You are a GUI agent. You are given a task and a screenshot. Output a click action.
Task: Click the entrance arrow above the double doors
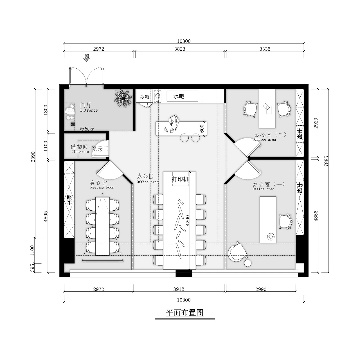pos(87,58)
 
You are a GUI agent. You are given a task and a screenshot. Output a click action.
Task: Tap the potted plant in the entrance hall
pos(123,98)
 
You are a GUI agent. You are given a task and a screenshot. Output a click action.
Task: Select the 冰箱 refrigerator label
pos(145,96)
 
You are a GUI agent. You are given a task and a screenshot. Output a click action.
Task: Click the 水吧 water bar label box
pos(182,96)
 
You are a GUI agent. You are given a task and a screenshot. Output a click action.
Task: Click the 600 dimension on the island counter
pos(202,129)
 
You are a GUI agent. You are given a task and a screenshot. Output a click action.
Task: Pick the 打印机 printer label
pos(180,179)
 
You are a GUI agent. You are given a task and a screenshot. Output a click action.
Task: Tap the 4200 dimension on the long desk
pos(188,220)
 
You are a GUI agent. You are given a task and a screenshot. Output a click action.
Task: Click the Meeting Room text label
pos(102,187)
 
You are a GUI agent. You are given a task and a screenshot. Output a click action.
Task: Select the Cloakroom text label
pos(80,152)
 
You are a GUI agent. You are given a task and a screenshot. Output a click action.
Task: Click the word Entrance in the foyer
pos(89,110)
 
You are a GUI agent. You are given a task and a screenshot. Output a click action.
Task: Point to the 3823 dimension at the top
pos(180,49)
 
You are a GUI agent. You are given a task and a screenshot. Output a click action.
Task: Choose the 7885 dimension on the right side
pos(326,161)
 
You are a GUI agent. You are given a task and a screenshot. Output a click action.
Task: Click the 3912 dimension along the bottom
pos(179,289)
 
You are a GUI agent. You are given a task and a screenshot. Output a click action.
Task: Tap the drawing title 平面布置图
pos(184,312)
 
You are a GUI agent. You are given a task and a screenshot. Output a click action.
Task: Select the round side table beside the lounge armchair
pos(248,263)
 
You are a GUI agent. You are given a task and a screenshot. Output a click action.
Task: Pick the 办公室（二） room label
pos(270,134)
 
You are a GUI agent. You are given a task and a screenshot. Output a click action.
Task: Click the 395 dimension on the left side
pos(32,268)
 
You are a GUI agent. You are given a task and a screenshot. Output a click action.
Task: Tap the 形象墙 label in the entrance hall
pos(87,129)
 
